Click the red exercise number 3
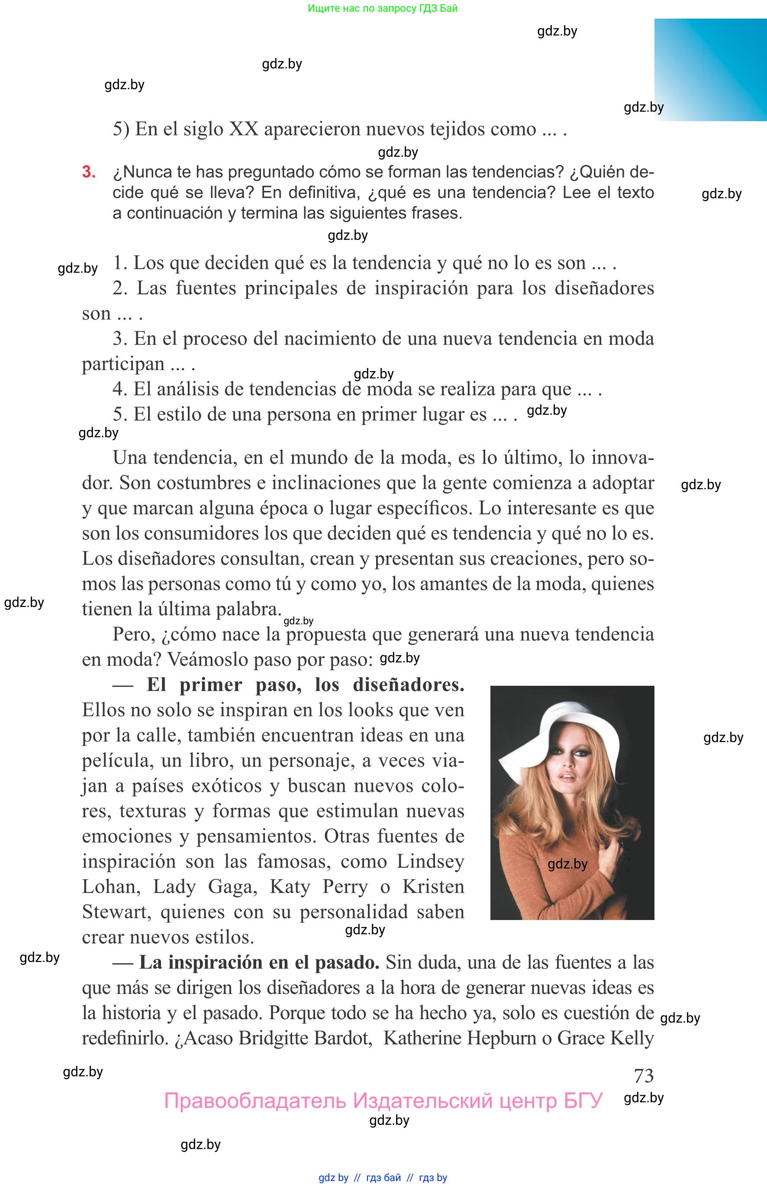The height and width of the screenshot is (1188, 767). [x=89, y=172]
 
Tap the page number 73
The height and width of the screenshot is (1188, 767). [x=644, y=1076]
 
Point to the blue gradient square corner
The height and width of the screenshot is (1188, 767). [x=710, y=70]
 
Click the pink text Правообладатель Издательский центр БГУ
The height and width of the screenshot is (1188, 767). [x=383, y=1101]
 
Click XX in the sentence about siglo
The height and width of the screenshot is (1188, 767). [x=244, y=129]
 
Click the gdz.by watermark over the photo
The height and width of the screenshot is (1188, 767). [x=567, y=864]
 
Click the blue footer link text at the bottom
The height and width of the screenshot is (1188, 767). [x=383, y=1177]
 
